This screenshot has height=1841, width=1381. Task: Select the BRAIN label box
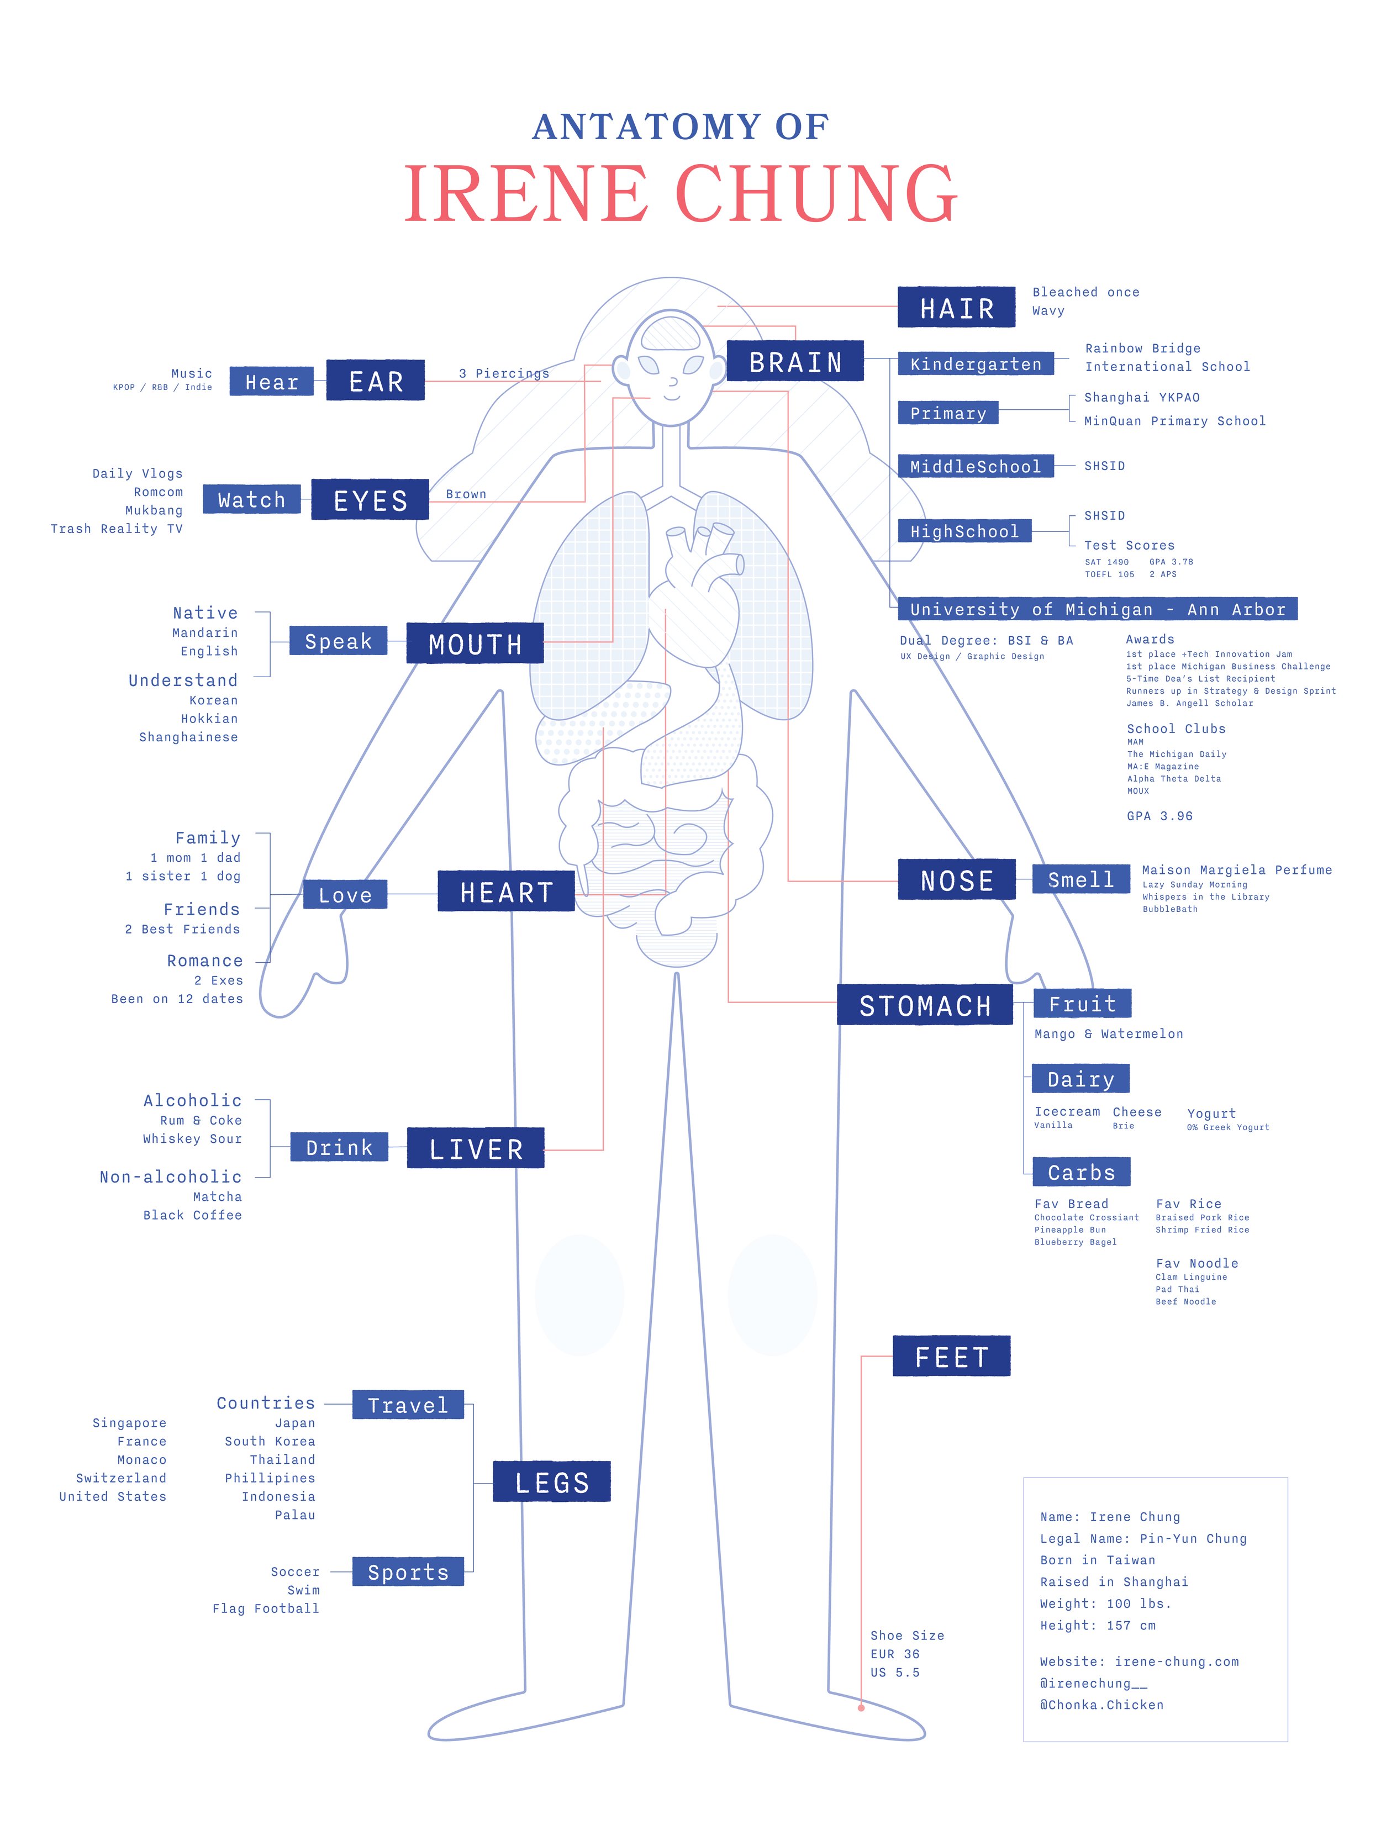(x=795, y=362)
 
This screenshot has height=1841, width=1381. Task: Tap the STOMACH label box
(x=924, y=1005)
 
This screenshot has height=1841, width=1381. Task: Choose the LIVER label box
(x=475, y=1148)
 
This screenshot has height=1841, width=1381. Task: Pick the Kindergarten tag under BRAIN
(x=975, y=363)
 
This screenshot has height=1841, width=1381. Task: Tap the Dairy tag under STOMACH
(x=1079, y=1079)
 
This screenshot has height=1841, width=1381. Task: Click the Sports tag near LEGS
(x=408, y=1572)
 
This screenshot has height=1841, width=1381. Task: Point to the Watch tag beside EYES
(x=251, y=499)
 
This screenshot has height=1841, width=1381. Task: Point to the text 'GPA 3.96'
(x=1159, y=816)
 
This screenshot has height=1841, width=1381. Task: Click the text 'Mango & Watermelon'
(x=1108, y=1033)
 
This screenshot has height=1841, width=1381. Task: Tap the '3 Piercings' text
(x=504, y=373)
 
